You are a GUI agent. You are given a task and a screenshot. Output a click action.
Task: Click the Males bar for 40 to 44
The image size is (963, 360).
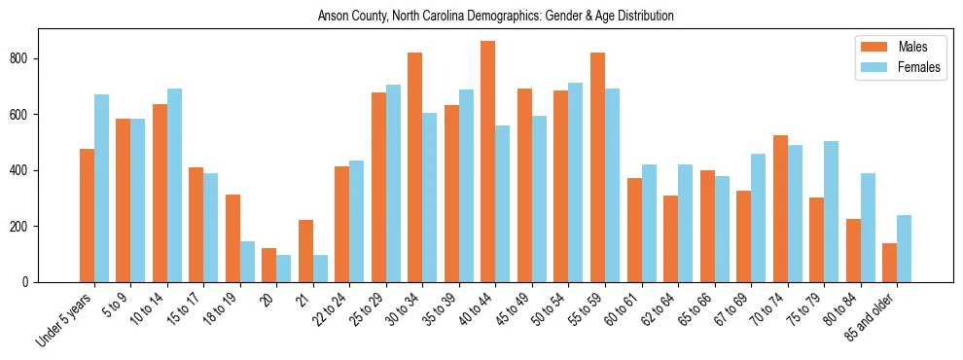[x=488, y=162]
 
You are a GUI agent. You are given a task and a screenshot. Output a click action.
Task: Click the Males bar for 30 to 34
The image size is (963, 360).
[x=415, y=167]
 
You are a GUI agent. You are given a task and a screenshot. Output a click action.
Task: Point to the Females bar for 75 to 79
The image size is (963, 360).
[x=831, y=211]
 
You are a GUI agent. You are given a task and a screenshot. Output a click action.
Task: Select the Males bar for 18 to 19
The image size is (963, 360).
[x=232, y=238]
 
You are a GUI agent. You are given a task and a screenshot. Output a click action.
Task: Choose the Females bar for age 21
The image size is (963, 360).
[x=320, y=269]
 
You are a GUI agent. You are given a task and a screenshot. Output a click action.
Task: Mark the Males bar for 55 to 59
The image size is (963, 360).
[x=597, y=167]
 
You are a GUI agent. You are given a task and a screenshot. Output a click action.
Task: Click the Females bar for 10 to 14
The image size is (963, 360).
[x=174, y=185]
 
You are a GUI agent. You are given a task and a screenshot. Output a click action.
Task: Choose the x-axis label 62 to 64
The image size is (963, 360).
[x=661, y=309]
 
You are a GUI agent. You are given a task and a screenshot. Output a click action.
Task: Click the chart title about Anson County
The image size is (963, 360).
[x=495, y=17]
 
